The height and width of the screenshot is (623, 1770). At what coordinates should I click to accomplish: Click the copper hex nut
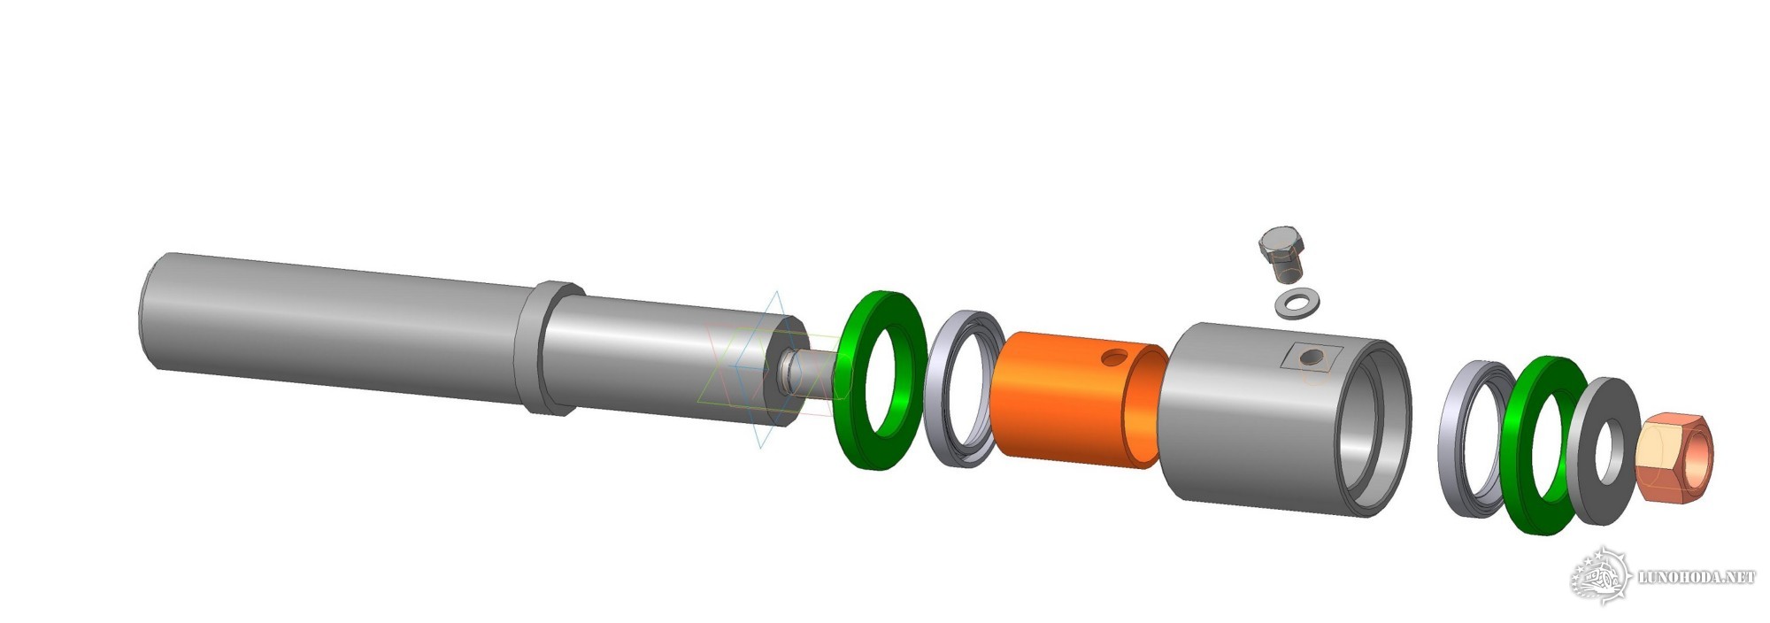[x=1674, y=460]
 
